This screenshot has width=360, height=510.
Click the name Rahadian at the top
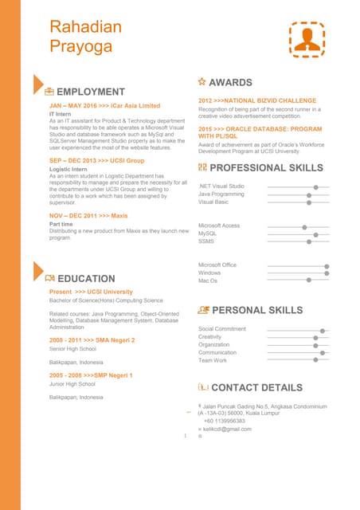(86, 28)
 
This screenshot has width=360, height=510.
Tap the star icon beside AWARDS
(202, 82)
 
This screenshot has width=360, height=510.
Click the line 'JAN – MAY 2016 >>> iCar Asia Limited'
(104, 105)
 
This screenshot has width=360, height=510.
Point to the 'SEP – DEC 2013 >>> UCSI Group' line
(96, 160)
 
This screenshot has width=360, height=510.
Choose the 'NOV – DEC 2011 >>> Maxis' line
(88, 216)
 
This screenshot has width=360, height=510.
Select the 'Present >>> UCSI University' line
(91, 292)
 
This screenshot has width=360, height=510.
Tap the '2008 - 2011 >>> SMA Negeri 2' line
(92, 340)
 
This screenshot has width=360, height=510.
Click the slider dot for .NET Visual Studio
(316, 186)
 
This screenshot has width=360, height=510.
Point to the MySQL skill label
(207, 233)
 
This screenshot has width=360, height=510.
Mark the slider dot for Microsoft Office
(327, 265)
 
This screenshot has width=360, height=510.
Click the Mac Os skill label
(208, 280)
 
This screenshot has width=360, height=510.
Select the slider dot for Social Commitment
(322, 330)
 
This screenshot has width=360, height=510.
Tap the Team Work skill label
(213, 360)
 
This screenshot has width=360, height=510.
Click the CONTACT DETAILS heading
(256, 388)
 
